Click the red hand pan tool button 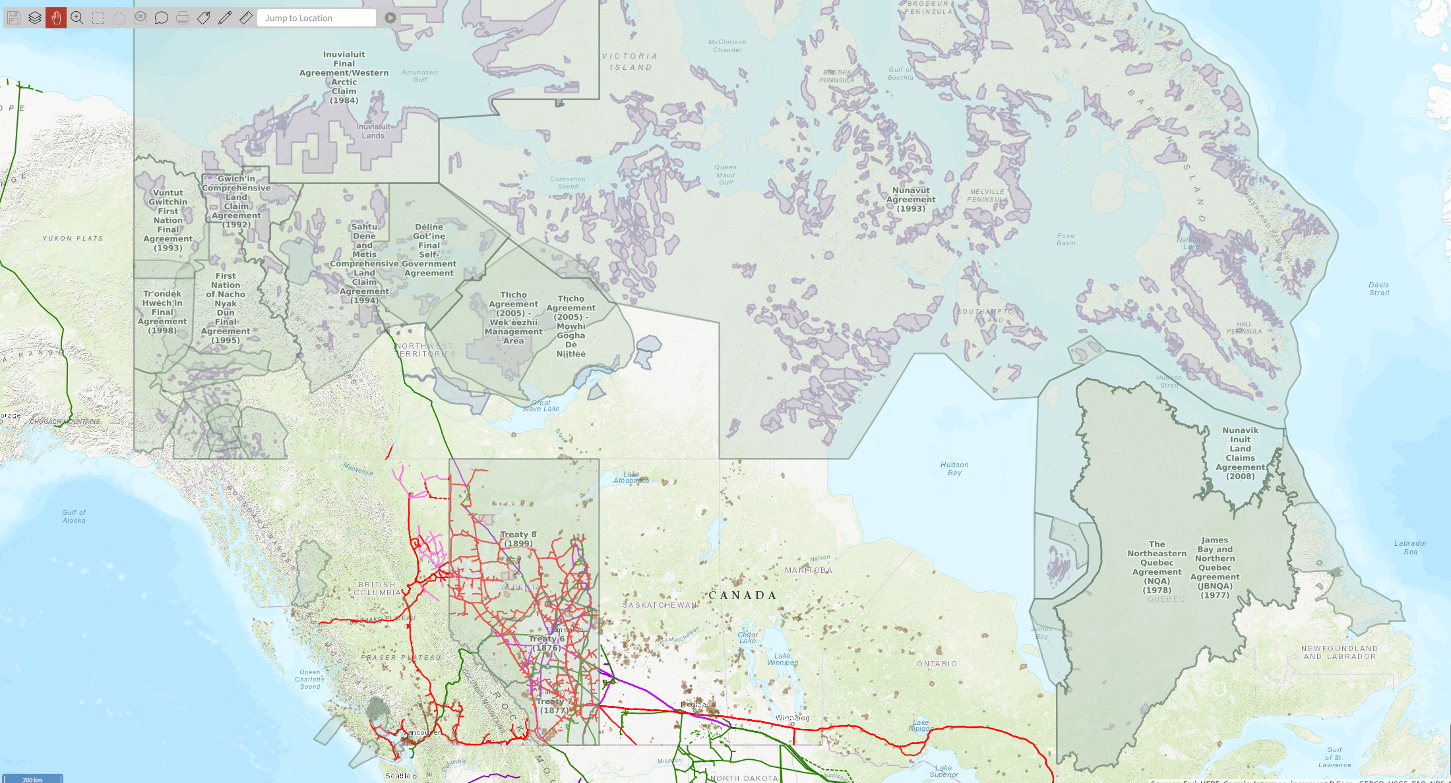(56, 18)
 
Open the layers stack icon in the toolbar (35, 18)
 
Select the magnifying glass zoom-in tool (77, 18)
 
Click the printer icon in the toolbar (183, 18)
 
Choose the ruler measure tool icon (246, 18)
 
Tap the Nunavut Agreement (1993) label (911, 199)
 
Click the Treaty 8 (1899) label (518, 539)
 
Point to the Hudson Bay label (954, 469)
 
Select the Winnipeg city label (792, 718)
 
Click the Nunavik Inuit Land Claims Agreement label (1240, 453)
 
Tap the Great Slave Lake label (541, 405)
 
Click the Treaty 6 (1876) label (547, 643)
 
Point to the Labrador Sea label (1410, 547)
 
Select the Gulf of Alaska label (74, 516)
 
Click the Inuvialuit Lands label (373, 131)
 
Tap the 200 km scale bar (32, 778)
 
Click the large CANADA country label (743, 595)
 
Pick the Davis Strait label (1378, 289)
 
